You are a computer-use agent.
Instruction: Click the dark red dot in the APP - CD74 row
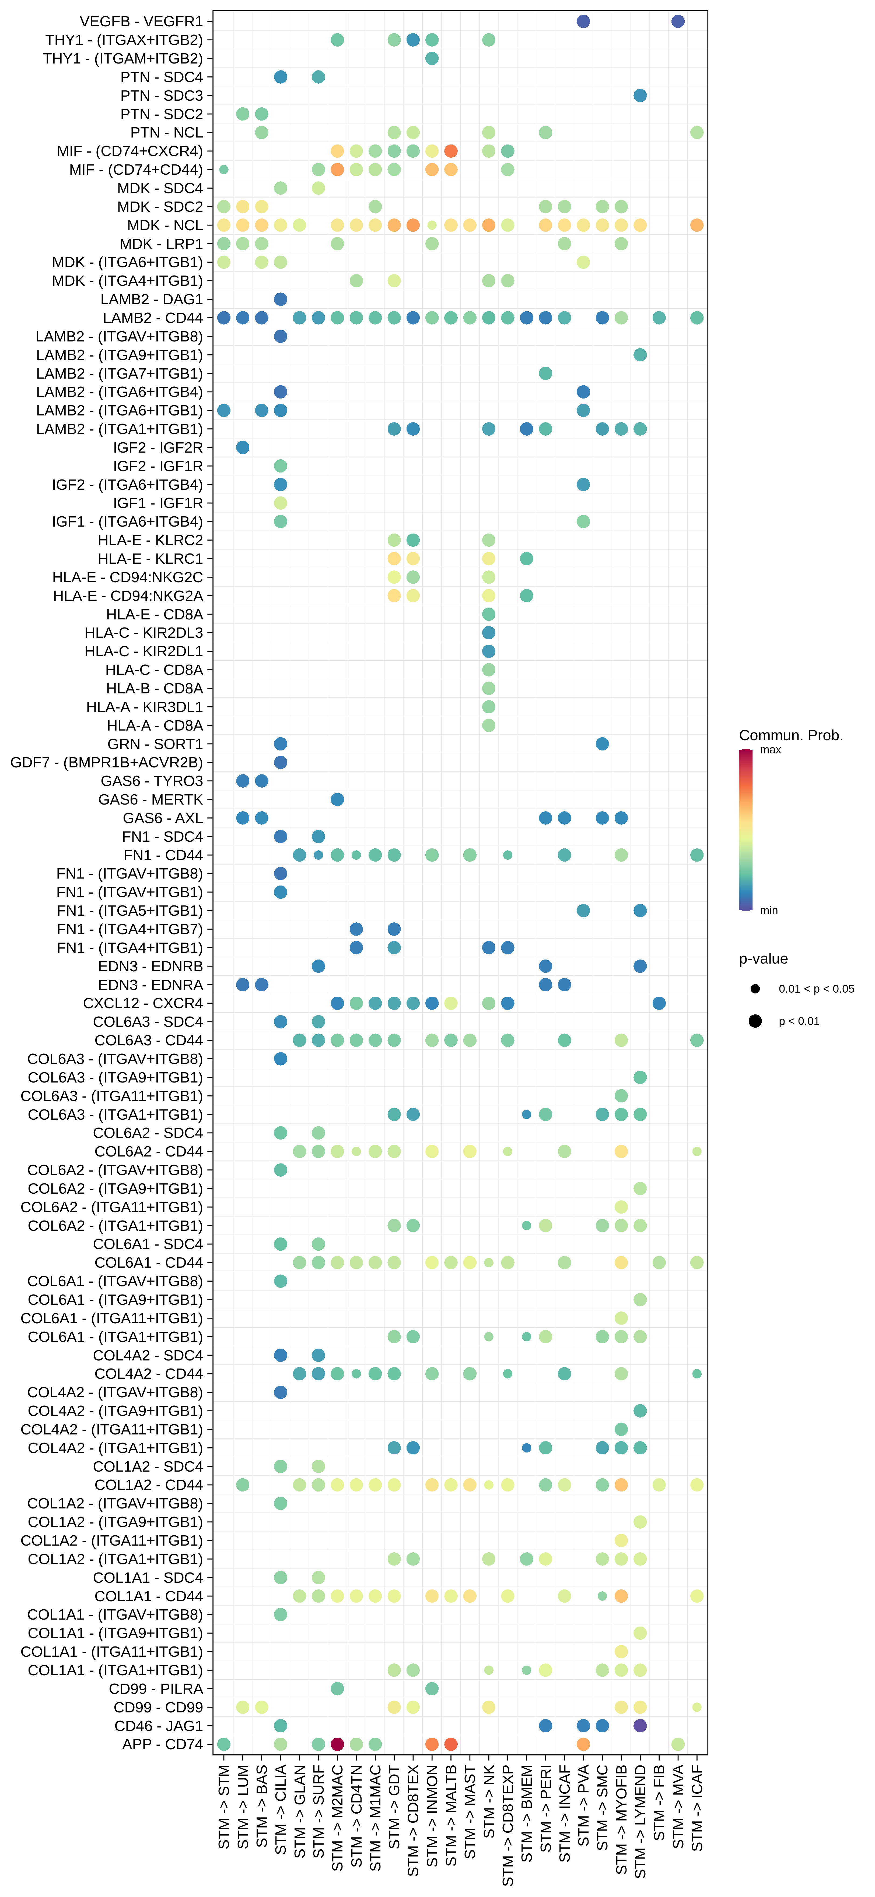click(x=337, y=1744)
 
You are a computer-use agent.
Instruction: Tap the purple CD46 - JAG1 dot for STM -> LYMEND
click(x=640, y=1725)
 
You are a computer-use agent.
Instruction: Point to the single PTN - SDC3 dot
click(x=640, y=95)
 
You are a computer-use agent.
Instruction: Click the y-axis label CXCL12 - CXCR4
click(x=143, y=1003)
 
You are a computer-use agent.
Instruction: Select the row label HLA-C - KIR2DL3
click(x=143, y=633)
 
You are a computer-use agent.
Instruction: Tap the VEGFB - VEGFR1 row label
click(x=141, y=21)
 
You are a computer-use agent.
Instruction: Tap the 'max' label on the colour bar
click(x=771, y=750)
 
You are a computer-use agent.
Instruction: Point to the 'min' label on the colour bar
click(x=769, y=910)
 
